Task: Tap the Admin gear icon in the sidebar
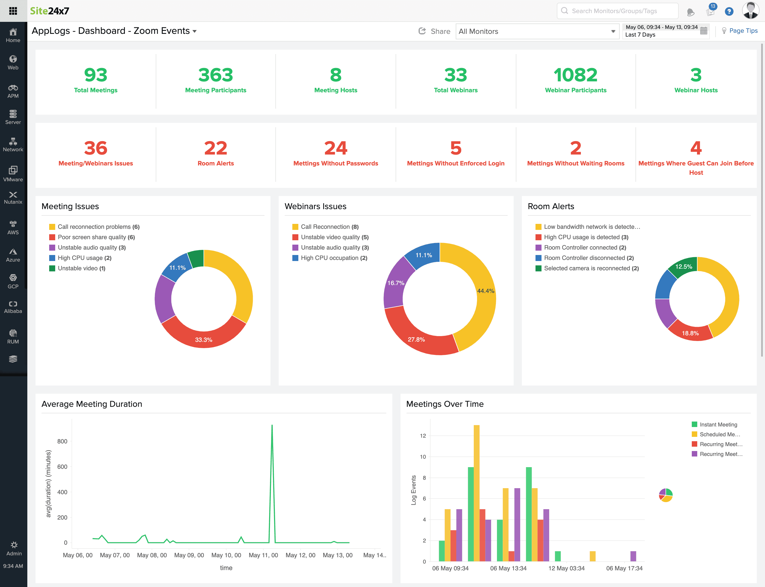tap(14, 545)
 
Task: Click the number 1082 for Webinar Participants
tap(575, 75)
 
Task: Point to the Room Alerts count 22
tap(215, 148)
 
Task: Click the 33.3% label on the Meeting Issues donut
tap(204, 340)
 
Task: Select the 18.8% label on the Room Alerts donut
tap(690, 333)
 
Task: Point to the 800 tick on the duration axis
tap(62, 441)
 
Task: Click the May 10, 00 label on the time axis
tap(226, 555)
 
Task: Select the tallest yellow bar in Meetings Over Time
tap(476, 489)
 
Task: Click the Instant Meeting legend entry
tap(718, 425)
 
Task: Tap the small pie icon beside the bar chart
tap(666, 495)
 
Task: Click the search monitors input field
tap(617, 11)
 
